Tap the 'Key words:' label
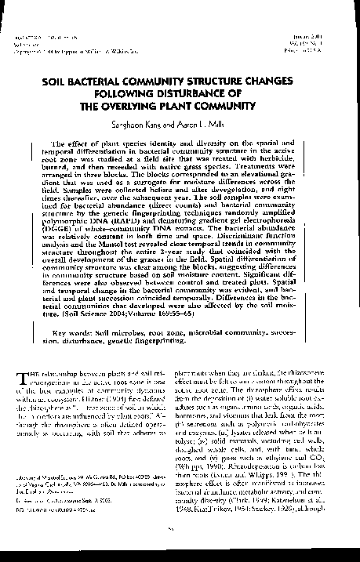coord(80,332)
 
